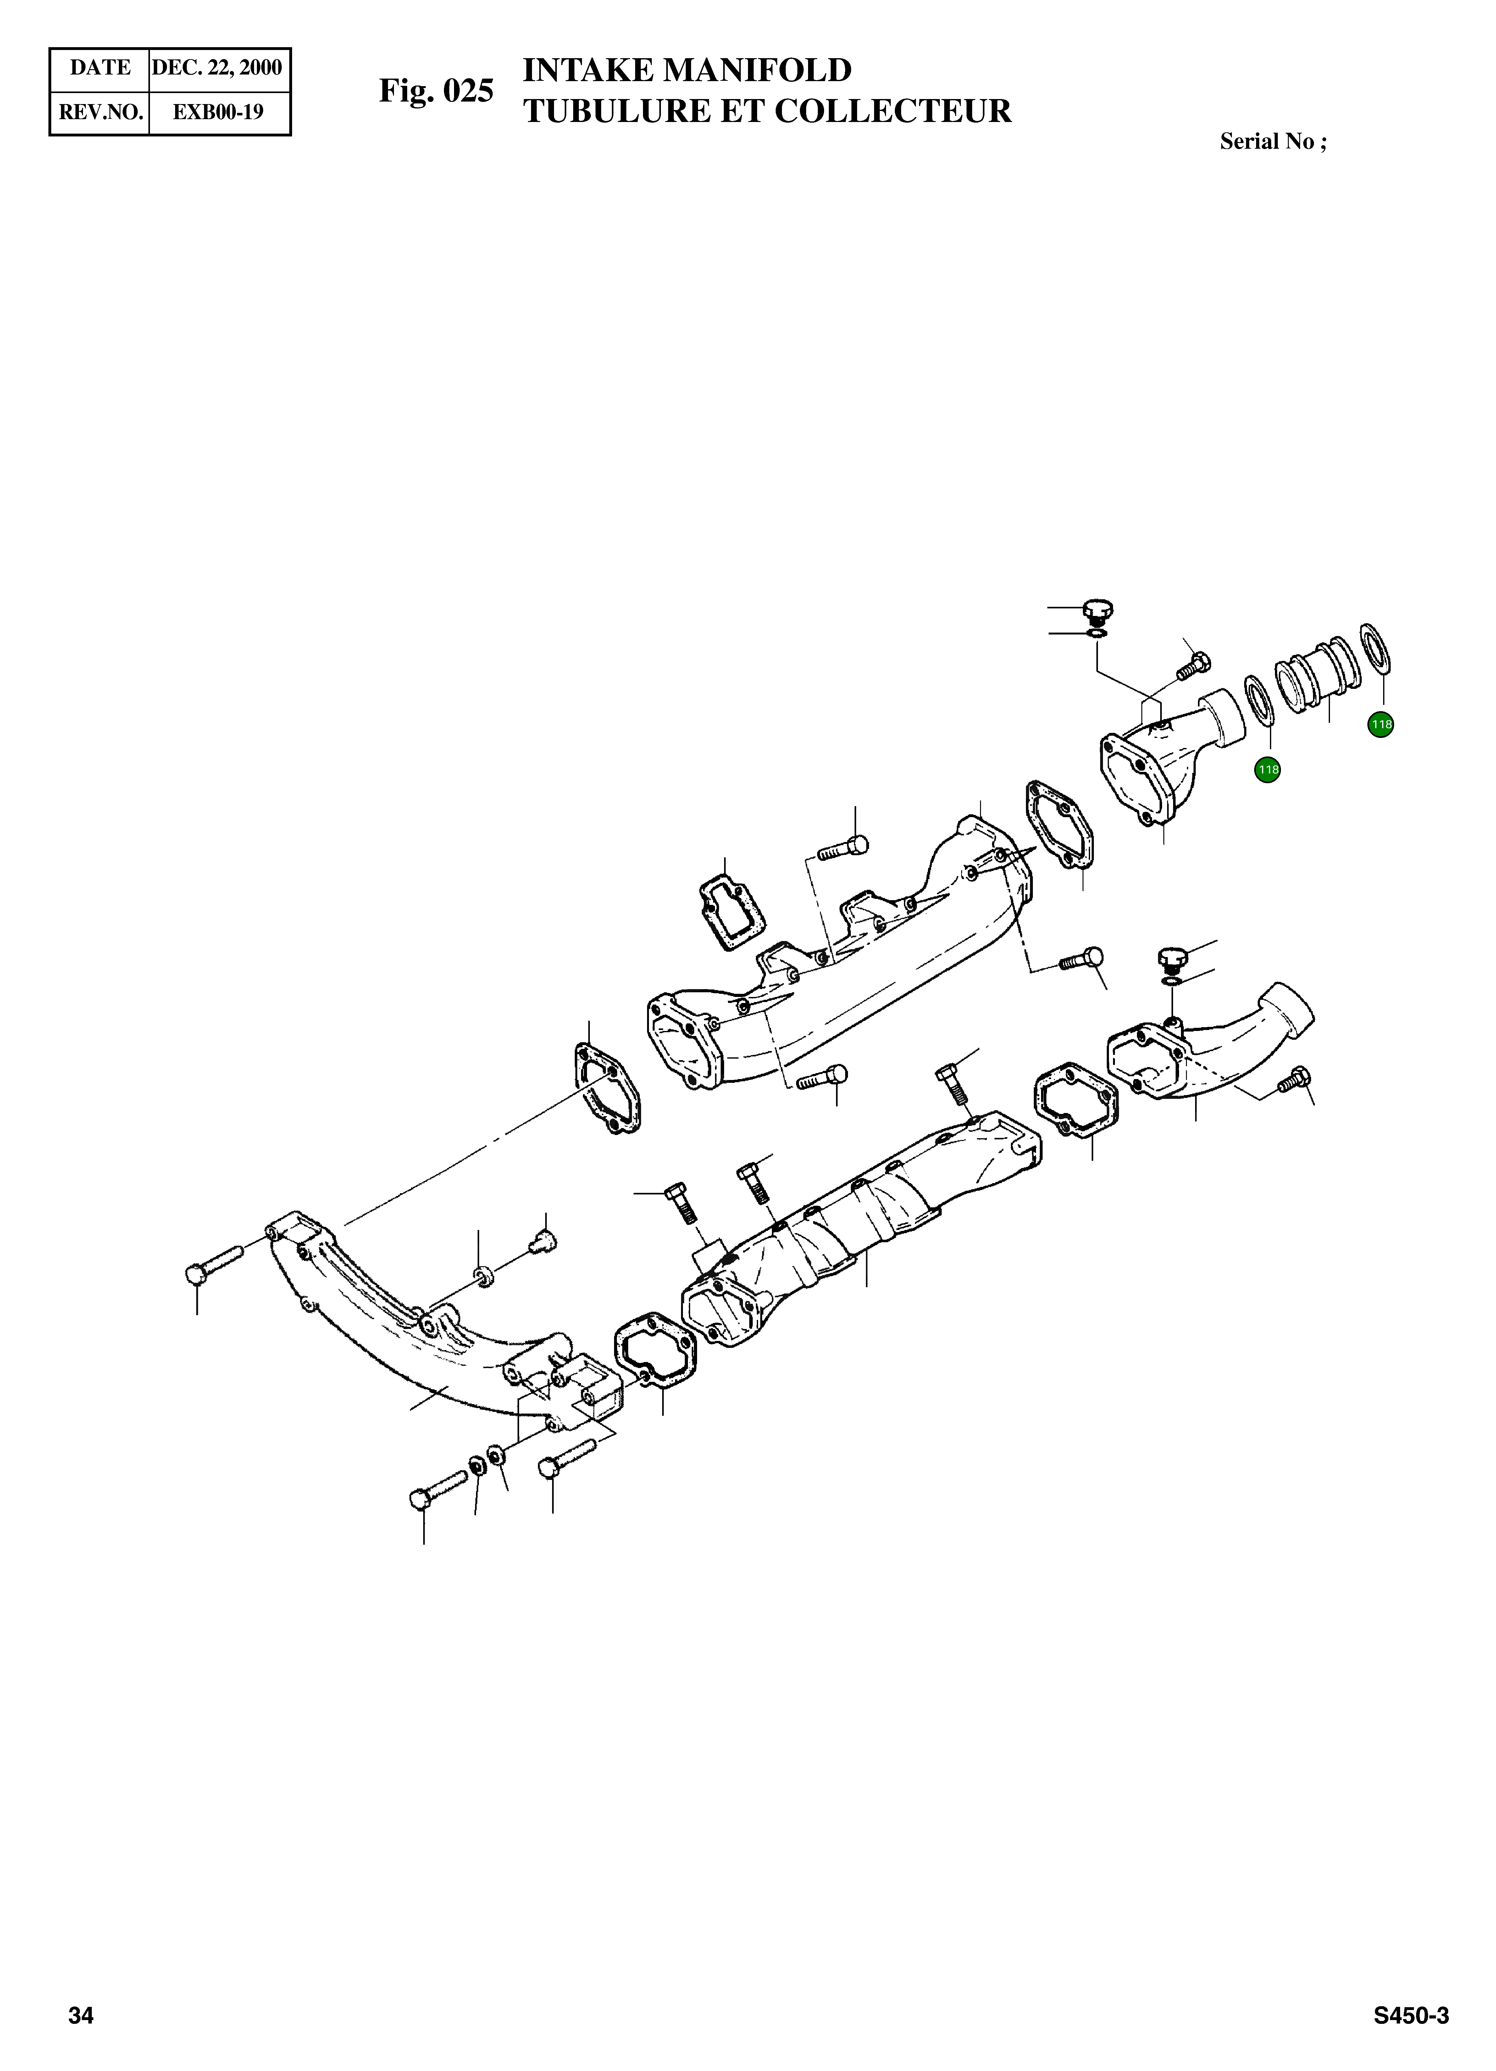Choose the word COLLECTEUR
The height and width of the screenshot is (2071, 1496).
(892, 111)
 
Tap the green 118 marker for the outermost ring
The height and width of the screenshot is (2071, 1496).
(1380, 725)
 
